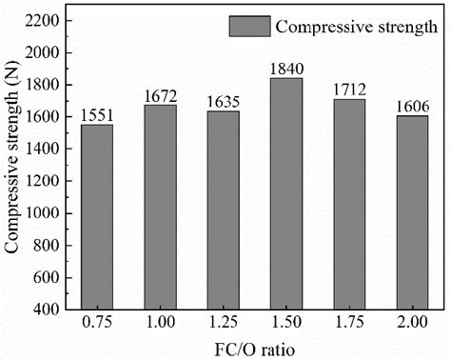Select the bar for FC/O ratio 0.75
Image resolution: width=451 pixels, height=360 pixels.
97,217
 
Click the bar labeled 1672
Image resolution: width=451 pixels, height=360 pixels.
160,207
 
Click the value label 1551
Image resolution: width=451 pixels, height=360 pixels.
97,116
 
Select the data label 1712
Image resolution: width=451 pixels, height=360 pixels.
349,90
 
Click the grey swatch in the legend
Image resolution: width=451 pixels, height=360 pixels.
247,26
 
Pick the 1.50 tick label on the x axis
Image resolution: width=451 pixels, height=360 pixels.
286,324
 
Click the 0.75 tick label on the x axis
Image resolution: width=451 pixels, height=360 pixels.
97,324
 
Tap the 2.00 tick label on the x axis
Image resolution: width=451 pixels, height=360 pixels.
412,324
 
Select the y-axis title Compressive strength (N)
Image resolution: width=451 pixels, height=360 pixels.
12,164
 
